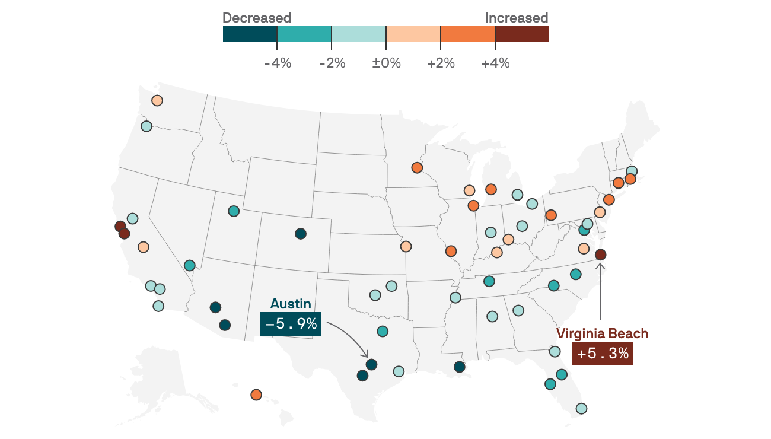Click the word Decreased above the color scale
pyautogui.click(x=257, y=18)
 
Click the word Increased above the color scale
pyautogui.click(x=517, y=18)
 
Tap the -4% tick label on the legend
pyautogui.click(x=278, y=63)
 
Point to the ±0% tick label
pyautogui.click(x=386, y=63)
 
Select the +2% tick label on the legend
pyautogui.click(x=441, y=63)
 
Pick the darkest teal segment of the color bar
pyautogui.click(x=250, y=34)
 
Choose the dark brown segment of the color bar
pyautogui.click(x=522, y=34)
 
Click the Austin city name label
pyautogui.click(x=291, y=304)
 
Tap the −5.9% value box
pyautogui.click(x=291, y=324)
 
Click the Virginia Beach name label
pyautogui.click(x=603, y=333)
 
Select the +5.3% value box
pyautogui.click(x=603, y=354)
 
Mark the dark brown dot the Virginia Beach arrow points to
pyautogui.click(x=600, y=255)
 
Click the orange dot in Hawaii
pyautogui.click(x=256, y=395)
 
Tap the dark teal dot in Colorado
pyautogui.click(x=301, y=234)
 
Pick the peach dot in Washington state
pyautogui.click(x=157, y=100)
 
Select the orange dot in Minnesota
pyautogui.click(x=417, y=168)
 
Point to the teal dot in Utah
pyautogui.click(x=234, y=211)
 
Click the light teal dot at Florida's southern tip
pyautogui.click(x=581, y=409)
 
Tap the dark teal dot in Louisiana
pyautogui.click(x=460, y=367)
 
